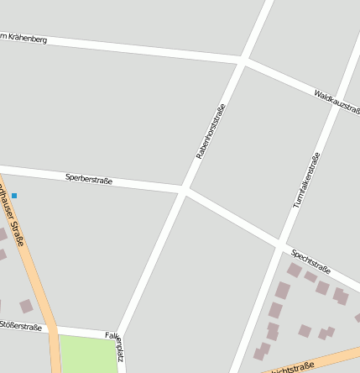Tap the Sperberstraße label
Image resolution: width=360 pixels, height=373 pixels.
click(x=88, y=178)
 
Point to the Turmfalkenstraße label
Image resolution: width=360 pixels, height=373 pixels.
click(x=306, y=181)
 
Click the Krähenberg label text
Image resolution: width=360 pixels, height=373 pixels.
click(x=25, y=39)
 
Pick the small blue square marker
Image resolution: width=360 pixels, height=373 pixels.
click(x=14, y=196)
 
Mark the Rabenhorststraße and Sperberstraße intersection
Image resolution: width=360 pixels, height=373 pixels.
click(x=183, y=191)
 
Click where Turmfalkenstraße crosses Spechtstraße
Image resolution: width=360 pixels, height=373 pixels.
click(x=280, y=246)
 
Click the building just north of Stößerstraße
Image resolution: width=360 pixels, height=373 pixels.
click(x=26, y=307)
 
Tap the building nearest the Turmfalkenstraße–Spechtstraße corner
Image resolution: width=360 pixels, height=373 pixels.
click(x=294, y=271)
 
